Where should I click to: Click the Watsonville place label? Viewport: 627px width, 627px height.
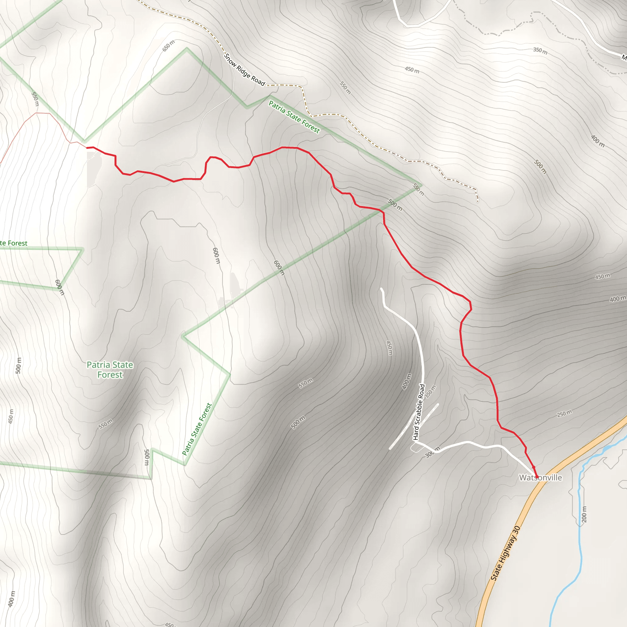(541, 478)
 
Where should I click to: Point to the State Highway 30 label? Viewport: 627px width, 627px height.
(505, 553)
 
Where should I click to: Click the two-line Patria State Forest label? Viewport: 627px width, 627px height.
(110, 370)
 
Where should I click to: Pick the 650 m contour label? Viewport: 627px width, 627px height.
(168, 46)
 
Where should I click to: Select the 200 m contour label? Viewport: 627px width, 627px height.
(584, 514)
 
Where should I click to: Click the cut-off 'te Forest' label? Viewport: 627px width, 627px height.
(14, 243)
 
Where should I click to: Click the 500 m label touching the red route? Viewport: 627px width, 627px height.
(395, 205)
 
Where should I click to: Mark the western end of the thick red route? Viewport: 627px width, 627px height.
(87, 148)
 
